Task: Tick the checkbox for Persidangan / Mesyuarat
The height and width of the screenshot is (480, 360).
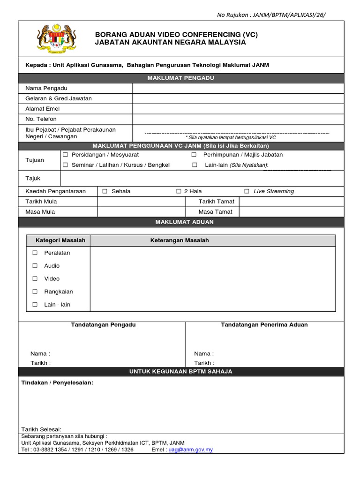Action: pyautogui.click(x=66, y=155)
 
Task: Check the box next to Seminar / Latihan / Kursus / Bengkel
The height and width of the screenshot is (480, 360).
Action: pyautogui.click(x=66, y=165)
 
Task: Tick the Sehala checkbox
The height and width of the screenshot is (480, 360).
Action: pyautogui.click(x=105, y=191)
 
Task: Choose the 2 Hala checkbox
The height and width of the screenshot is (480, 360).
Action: pyautogui.click(x=179, y=191)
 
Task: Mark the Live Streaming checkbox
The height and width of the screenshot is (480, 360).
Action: pyautogui.click(x=247, y=191)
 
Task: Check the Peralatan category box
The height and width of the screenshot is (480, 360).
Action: pyautogui.click(x=35, y=253)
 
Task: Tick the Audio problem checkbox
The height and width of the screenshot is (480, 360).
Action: pyautogui.click(x=35, y=266)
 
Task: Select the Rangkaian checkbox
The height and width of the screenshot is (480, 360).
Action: pyautogui.click(x=35, y=292)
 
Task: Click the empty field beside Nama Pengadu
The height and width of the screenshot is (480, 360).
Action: pyautogui.click(x=238, y=89)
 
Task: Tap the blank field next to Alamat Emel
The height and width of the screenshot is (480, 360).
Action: pyautogui.click(x=238, y=109)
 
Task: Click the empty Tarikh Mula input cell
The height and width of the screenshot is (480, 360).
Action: pyautogui.click(x=142, y=202)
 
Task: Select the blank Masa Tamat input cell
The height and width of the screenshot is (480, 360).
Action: pyautogui.click(x=291, y=212)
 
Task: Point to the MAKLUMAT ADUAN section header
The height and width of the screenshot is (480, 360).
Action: pyautogui.click(x=181, y=222)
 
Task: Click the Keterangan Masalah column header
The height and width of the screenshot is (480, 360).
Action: pyautogui.click(x=180, y=240)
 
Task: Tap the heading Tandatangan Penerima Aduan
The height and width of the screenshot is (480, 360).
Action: pyautogui.click(x=264, y=325)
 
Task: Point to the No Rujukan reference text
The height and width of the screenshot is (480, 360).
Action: pyautogui.click(x=271, y=15)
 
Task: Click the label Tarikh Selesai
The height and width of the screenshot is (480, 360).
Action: pyautogui.click(x=41, y=430)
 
